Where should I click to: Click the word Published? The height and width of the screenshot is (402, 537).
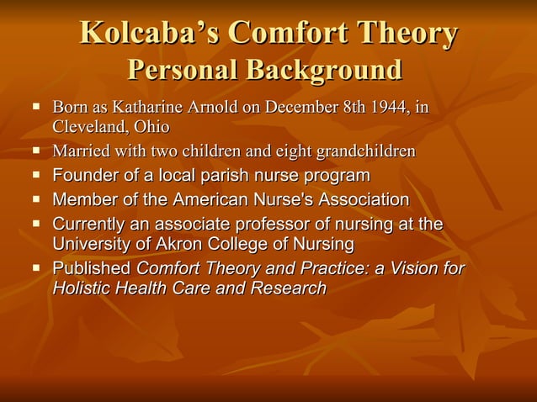tap(92, 269)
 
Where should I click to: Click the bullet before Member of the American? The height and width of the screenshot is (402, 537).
tap(37, 200)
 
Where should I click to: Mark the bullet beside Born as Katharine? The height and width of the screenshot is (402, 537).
tap(37, 108)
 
